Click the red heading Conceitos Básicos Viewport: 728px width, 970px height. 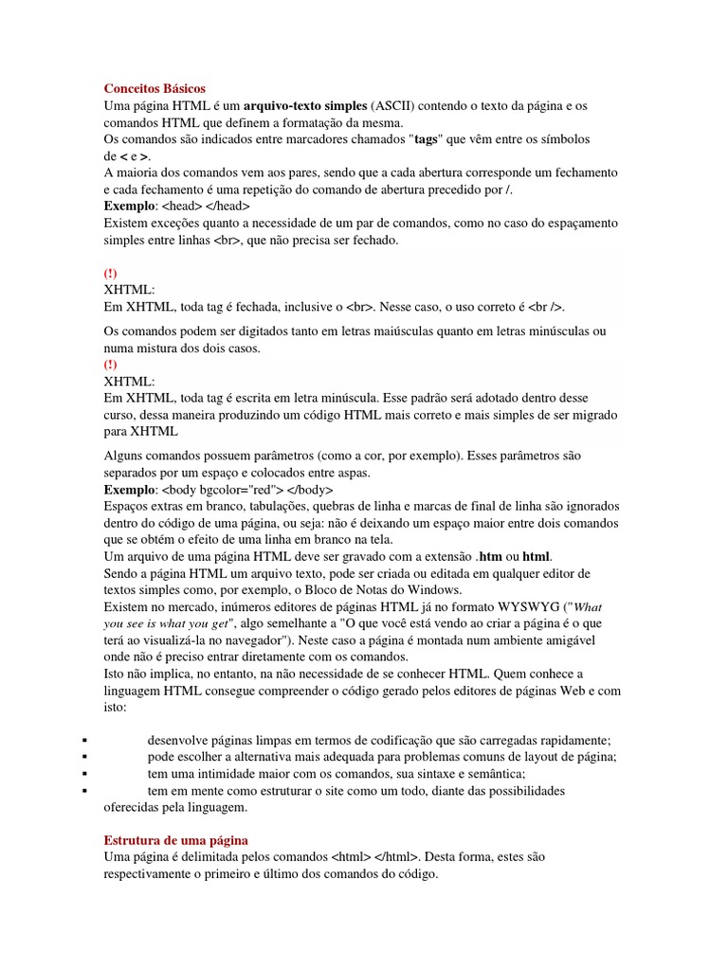click(154, 88)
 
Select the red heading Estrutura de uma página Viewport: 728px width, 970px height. click(175, 840)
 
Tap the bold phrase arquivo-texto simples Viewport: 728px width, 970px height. click(304, 105)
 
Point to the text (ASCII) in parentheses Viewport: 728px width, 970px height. click(392, 105)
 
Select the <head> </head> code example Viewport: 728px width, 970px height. click(206, 206)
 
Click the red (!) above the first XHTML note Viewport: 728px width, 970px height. click(110, 273)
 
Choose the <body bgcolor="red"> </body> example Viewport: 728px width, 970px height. click(248, 490)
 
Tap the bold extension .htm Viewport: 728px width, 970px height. click(491, 556)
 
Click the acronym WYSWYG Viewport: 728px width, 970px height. click(528, 606)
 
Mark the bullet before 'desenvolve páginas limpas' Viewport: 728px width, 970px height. click(85, 740)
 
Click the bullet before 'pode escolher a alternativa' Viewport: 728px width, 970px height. click(85, 757)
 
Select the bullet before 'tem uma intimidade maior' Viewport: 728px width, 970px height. click(85, 773)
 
